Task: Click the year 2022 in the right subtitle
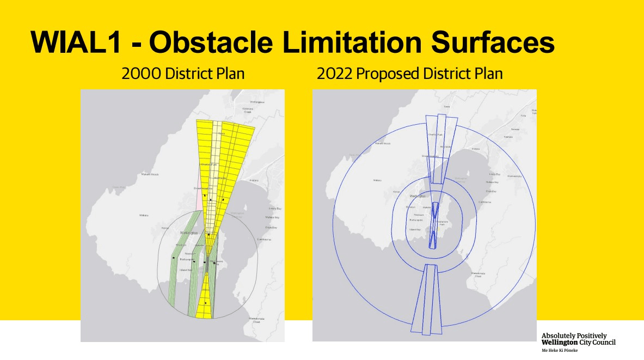click(335, 74)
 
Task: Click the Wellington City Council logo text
click(578, 339)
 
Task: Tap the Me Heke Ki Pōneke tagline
click(560, 350)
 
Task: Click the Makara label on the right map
click(376, 180)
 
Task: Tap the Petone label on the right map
click(475, 149)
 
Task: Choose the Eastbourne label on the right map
click(484, 202)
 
